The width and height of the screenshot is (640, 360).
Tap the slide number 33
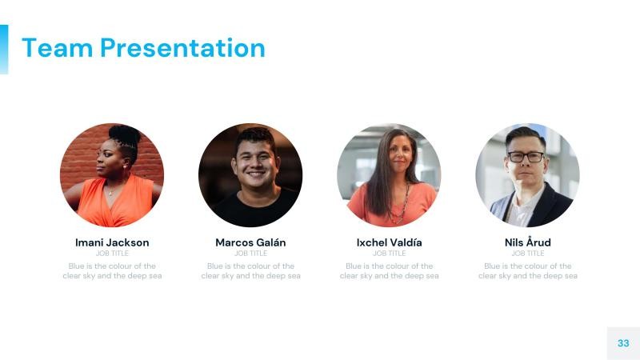click(x=623, y=342)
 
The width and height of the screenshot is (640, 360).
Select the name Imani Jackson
click(x=112, y=242)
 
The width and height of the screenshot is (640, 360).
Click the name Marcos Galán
click(x=250, y=242)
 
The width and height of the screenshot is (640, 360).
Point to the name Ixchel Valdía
click(x=389, y=242)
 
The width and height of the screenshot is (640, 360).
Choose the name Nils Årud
click(x=527, y=242)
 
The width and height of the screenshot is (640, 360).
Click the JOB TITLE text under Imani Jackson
click(x=112, y=254)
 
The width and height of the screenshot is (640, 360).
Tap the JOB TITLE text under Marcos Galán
click(x=250, y=254)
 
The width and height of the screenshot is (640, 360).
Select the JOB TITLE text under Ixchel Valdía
click(x=389, y=254)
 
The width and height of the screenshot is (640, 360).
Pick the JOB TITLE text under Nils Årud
click(x=527, y=254)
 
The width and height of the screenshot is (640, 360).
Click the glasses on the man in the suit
click(x=525, y=157)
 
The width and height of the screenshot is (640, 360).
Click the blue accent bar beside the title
click(x=4, y=49)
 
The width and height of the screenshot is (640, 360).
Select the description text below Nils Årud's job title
click(x=527, y=271)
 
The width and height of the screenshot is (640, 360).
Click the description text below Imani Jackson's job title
click(x=112, y=271)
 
